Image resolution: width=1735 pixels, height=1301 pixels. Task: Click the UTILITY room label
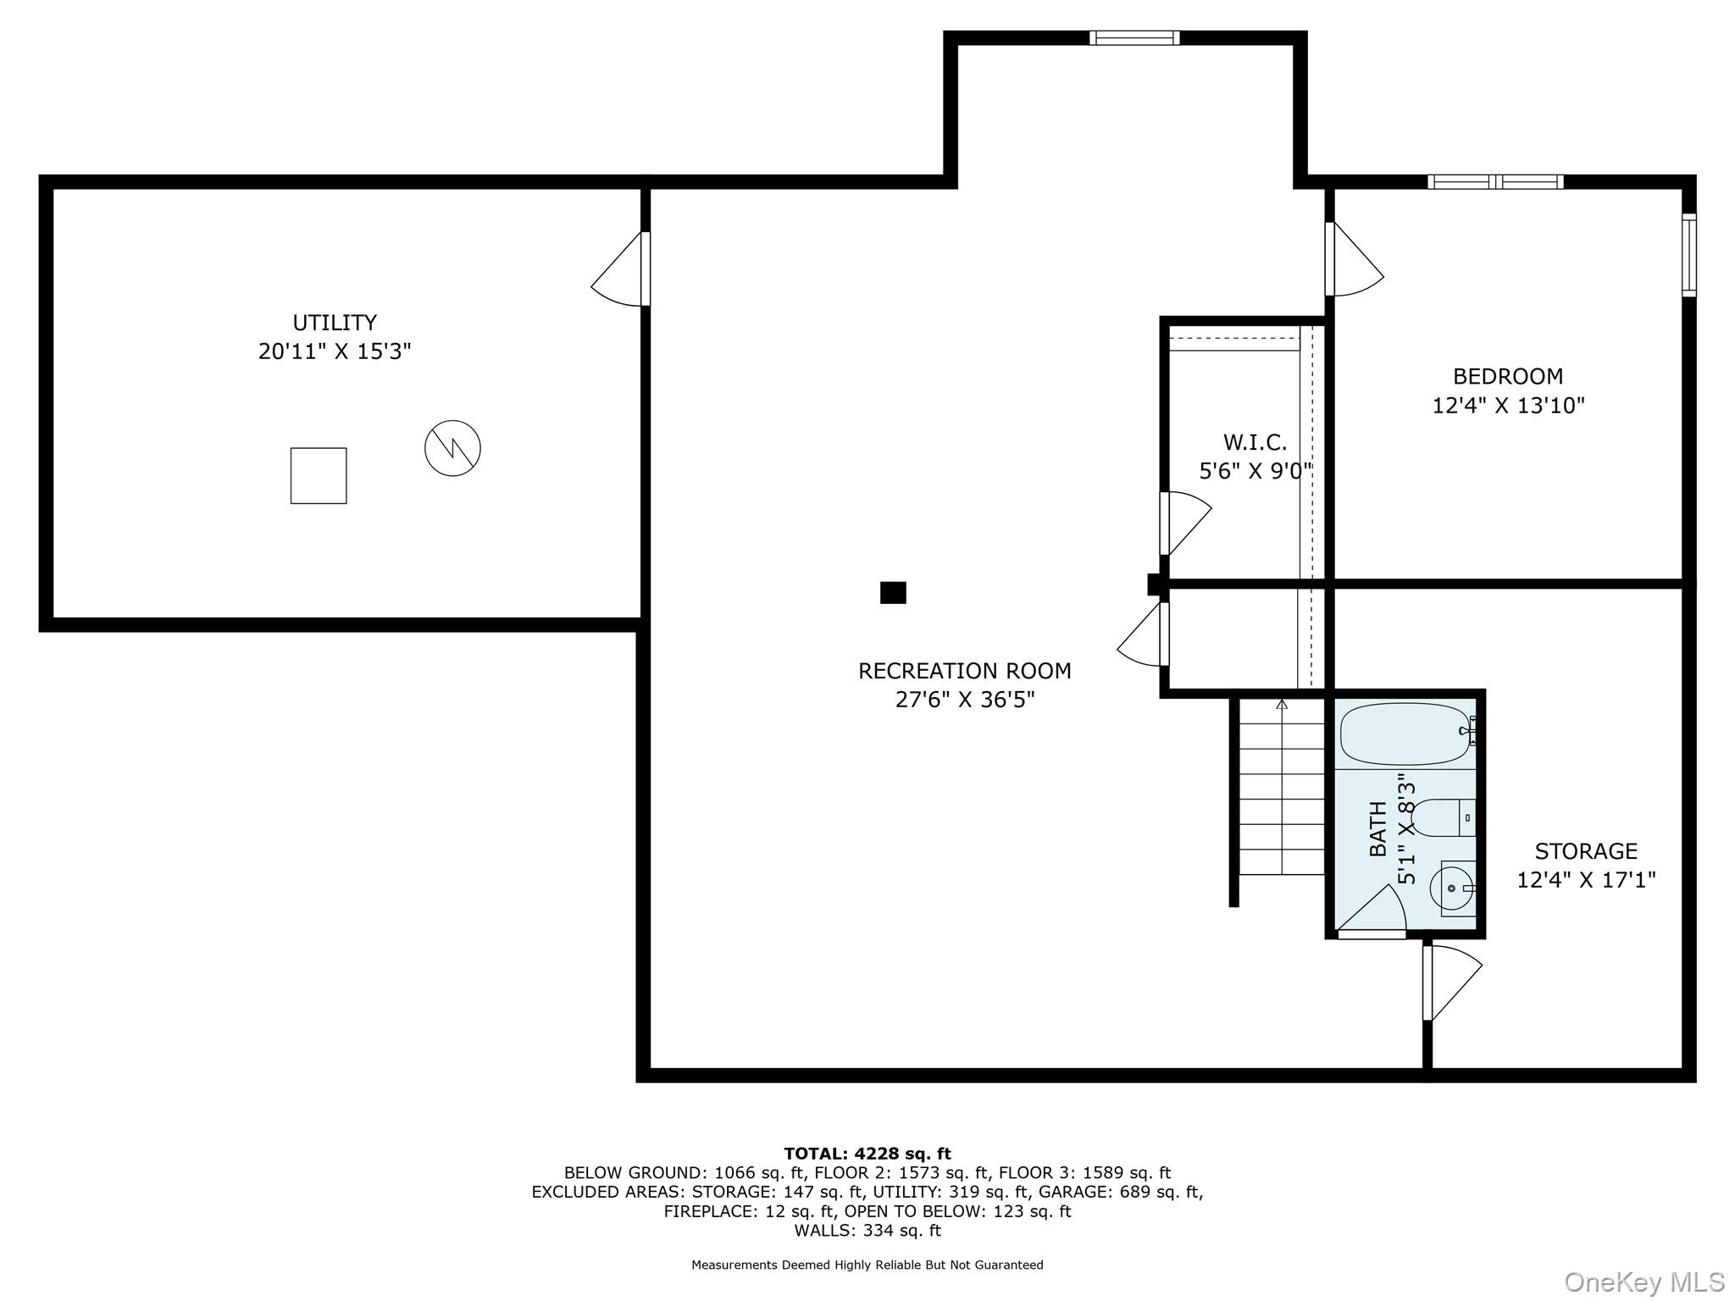coord(335,323)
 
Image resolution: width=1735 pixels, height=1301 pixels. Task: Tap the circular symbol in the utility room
coord(452,447)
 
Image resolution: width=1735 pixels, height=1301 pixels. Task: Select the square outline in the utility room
coord(319,475)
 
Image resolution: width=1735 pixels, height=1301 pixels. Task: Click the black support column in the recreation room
coord(893,592)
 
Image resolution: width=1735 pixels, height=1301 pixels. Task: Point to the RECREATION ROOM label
coord(965,671)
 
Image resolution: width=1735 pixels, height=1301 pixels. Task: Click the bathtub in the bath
coord(1406,734)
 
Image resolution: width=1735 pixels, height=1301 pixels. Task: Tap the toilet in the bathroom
coord(1445,817)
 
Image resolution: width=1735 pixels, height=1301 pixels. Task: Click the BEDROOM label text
coord(1508,376)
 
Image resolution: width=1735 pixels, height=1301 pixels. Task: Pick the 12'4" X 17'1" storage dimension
coord(1586,880)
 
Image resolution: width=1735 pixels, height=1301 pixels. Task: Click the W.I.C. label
coord(1255,442)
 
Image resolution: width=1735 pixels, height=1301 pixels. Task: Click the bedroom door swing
coord(1355,259)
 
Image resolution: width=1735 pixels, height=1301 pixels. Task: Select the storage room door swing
coord(1452,983)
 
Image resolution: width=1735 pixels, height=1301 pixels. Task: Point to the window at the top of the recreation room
coord(1134,37)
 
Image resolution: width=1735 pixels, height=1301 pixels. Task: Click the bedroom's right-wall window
coord(1689,255)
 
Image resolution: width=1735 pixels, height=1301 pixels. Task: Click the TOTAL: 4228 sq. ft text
coord(867,1154)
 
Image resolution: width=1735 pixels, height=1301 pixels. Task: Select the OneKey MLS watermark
coord(1644,1282)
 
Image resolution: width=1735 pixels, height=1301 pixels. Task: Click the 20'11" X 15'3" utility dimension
coord(335,352)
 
